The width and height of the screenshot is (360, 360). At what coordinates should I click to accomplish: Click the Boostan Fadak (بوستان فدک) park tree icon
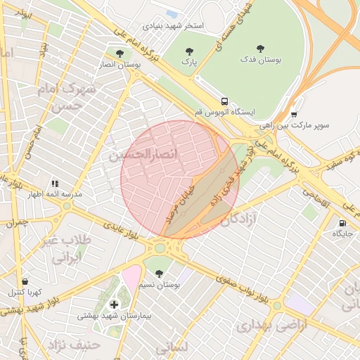click(x=261, y=49)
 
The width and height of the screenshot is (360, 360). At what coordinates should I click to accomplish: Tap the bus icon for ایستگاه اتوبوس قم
click(x=224, y=101)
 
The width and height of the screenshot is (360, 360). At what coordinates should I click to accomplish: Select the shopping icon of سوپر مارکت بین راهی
click(x=293, y=115)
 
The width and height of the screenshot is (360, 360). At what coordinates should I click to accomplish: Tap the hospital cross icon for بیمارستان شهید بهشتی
click(x=115, y=304)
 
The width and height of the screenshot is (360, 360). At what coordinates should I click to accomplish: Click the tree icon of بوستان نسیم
click(x=159, y=274)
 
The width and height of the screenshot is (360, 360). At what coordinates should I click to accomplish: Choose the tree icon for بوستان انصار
click(x=119, y=53)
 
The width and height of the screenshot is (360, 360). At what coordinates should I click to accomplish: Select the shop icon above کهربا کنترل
click(x=25, y=281)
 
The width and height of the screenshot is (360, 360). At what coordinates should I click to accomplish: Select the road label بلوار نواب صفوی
click(x=242, y=289)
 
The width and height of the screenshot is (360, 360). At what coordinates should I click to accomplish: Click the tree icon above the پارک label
click(x=188, y=51)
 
